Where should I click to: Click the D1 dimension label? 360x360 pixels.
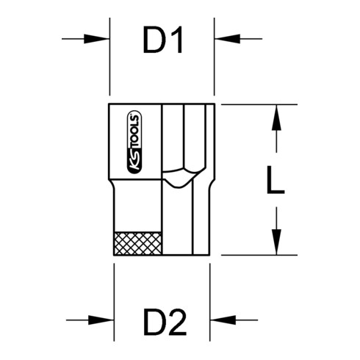click(x=162, y=43)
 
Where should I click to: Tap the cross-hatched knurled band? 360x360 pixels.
click(x=137, y=242)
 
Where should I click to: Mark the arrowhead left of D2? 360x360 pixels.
click(x=102, y=320)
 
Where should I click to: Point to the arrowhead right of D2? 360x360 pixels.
click(x=220, y=320)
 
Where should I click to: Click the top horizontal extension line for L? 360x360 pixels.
click(x=250, y=104)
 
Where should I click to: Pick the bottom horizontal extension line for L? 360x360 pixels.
click(x=250, y=254)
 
